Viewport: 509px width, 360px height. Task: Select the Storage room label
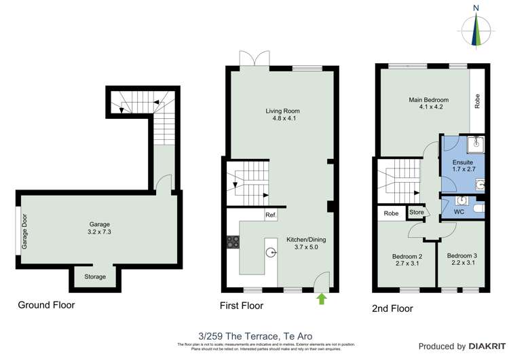[x=95, y=276]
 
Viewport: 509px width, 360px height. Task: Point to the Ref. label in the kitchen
[x=271, y=215]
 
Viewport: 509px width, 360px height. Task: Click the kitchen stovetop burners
[x=233, y=242]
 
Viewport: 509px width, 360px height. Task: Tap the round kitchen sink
[x=271, y=253]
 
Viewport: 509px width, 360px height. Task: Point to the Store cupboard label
[x=416, y=213]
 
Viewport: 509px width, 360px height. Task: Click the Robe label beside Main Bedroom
[x=478, y=101]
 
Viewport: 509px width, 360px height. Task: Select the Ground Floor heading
[x=46, y=305]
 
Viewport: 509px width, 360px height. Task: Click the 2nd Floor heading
[x=392, y=308]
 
